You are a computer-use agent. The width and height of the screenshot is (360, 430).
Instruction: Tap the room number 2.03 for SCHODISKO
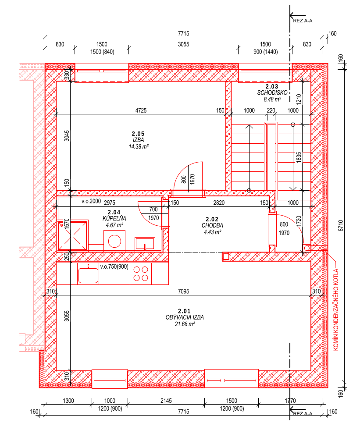pos(272,87)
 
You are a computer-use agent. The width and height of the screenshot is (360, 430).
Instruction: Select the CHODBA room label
pos(212,225)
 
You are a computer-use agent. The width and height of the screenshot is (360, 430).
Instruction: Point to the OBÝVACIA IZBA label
pos(185,317)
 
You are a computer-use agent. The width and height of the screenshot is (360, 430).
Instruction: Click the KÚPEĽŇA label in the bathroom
pos(114,219)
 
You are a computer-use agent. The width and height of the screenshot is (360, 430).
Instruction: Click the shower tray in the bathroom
pos(72,235)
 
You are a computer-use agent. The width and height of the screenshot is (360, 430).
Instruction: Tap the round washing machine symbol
pos(114,242)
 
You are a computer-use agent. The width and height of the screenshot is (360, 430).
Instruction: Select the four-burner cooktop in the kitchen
pos(141,274)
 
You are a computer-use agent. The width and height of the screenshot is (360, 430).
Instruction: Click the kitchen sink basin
pos(88,275)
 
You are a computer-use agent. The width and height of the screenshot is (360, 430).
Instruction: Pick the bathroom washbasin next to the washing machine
pos(145,244)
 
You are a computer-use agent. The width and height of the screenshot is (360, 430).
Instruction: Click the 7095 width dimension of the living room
pos(184,291)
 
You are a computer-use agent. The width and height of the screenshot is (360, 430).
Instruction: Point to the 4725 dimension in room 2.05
pos(141,110)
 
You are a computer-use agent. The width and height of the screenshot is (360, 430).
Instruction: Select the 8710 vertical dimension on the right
pos(341,226)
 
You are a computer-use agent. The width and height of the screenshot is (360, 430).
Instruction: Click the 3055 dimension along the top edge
pos(184,44)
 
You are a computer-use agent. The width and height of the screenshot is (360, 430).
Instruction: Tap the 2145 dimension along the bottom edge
pos(166,401)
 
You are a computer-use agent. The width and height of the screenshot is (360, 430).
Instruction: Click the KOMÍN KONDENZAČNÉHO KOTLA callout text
pos(336,309)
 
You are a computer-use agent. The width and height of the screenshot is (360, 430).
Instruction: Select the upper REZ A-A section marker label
pos(303,21)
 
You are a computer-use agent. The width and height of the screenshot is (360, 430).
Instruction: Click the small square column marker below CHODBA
pos(225,256)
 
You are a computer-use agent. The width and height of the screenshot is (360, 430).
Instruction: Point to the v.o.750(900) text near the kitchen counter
pos(114,267)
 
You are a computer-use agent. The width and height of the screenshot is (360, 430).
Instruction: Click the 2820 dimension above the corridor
pos(219,203)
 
